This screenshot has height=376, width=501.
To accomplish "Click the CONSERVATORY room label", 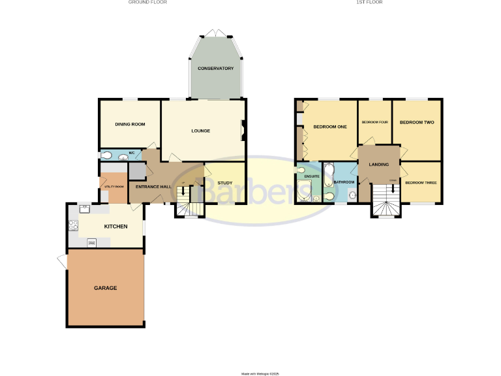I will pos(215,68).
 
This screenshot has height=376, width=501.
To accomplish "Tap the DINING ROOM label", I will pos(130,124).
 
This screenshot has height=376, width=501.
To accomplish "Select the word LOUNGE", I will pos(200,131).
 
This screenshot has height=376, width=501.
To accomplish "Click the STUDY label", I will pos(225,183).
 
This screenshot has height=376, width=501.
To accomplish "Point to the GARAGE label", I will pos(105,288).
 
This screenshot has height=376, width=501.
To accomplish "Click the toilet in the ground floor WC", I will pos(107,155).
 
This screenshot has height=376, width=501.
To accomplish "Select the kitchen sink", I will pos(84,210).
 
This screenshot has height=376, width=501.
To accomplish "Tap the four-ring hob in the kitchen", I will pos(73,226).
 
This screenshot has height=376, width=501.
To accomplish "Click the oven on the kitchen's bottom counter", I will pos(92,242).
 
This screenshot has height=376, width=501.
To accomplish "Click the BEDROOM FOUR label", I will pos(375,122).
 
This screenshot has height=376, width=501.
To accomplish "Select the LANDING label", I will pos(379,164).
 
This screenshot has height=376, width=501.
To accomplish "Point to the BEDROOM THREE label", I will pos(421,183).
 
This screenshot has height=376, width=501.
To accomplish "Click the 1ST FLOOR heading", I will pos(369,3).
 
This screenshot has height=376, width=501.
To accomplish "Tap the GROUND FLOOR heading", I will pos(147,3).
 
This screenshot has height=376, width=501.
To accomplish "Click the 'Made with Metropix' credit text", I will pos(260,373).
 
